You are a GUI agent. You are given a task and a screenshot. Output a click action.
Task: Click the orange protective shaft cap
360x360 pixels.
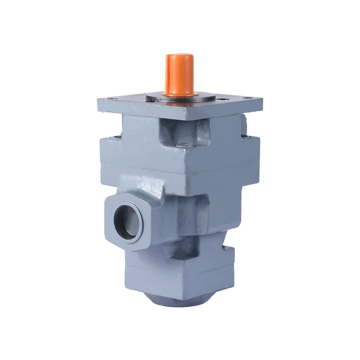click(179, 74)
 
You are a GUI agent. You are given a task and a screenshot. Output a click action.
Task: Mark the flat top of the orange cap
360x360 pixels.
click(179, 57)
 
